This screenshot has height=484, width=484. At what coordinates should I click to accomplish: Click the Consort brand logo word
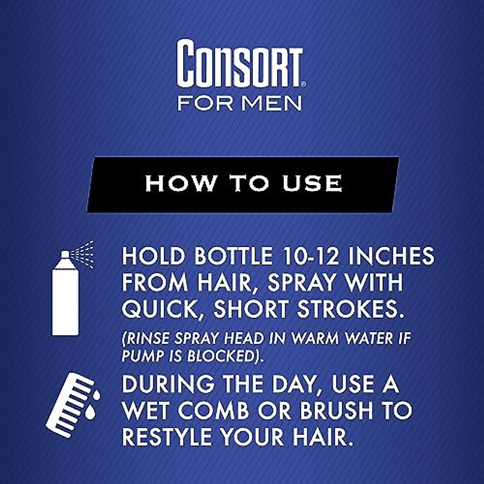pyautogui.click(x=240, y=64)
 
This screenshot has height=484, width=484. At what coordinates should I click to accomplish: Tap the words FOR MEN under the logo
pyautogui.click(x=240, y=103)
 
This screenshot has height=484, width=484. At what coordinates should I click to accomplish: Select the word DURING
pyautogui.click(x=168, y=384)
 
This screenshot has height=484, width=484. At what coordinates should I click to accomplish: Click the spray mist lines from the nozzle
pyautogui.click(x=83, y=254)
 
